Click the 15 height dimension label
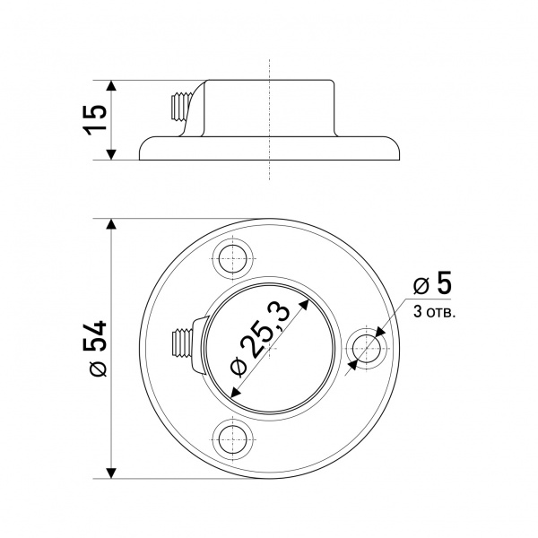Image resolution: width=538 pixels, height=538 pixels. point(95,120)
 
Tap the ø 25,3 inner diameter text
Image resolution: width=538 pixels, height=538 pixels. point(261,339)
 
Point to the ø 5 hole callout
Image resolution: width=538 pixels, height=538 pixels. point(432,283)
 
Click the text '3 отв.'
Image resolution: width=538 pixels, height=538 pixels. point(434,312)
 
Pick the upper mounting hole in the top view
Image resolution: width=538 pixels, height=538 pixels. point(232,259)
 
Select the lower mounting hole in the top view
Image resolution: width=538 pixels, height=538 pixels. point(232,440)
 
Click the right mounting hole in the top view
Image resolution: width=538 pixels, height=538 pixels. point(366,348)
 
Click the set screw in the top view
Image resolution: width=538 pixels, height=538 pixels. point(182,343)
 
